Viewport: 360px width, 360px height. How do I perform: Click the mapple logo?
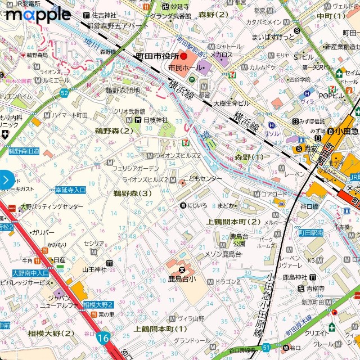(x=38, y=15)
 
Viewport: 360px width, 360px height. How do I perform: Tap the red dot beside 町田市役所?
(x=183, y=56)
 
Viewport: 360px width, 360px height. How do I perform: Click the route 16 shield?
(x=102, y=337)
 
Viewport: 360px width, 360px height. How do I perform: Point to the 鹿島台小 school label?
(x=182, y=278)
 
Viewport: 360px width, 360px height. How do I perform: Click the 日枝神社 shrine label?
(x=156, y=120)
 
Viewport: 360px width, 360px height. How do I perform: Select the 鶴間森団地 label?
(x=122, y=90)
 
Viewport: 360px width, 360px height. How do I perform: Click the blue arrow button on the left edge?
(x=6, y=180)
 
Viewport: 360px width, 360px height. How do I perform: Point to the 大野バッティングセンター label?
(x=52, y=207)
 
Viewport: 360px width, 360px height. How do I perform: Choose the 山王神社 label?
(x=94, y=269)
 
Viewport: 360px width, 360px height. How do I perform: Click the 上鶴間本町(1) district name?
(x=160, y=328)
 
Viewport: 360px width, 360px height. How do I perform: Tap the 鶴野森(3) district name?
(x=132, y=193)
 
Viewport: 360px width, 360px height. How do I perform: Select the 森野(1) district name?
(x=249, y=157)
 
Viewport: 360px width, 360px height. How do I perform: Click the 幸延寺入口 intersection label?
(x=70, y=190)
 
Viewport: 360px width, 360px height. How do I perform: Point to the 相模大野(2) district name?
(x=51, y=334)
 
